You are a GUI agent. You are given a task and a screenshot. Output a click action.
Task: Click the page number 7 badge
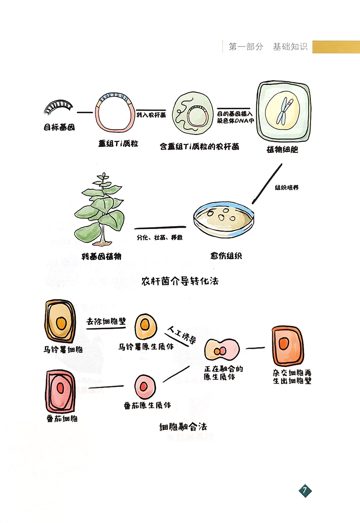pos(305,491)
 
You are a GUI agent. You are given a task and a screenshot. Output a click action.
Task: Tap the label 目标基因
pos(59,127)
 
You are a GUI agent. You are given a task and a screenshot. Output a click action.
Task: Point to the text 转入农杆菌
pos(151,114)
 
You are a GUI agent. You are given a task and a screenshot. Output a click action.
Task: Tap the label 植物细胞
pos(282,149)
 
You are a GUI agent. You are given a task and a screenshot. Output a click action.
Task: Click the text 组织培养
pos(287,188)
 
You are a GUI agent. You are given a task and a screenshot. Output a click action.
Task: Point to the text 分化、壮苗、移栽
pos(159,237)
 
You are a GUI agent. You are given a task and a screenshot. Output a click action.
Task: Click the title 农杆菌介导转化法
pos(180,280)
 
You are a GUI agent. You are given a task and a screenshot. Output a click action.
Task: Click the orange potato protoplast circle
pos(146,326)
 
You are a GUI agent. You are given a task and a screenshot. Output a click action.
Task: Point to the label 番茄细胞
pos(62,418)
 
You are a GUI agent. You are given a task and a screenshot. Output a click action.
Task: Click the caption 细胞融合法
pos(183,426)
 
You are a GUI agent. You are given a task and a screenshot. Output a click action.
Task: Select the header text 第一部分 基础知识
pos(268,47)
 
